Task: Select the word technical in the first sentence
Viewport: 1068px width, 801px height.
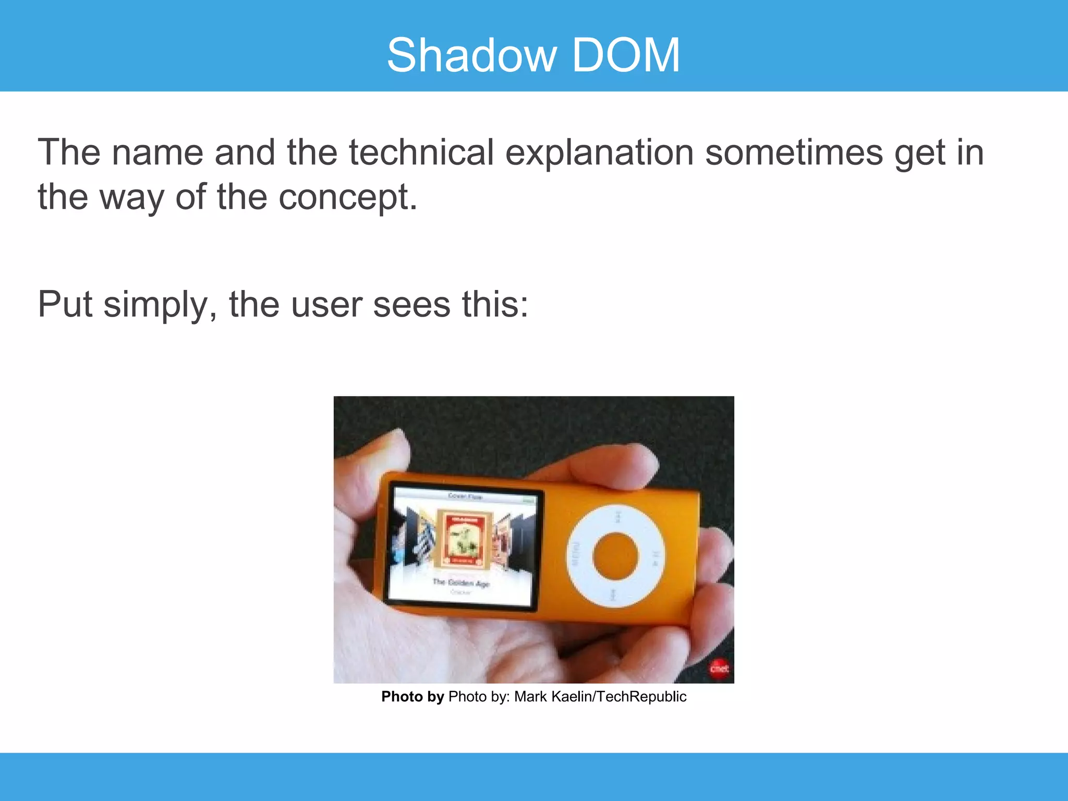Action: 421,152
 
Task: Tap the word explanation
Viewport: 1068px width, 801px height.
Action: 599,152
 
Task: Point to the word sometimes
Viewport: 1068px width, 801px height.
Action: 794,152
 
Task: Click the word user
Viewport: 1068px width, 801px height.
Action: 326,305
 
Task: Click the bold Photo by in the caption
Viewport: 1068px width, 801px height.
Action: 412,697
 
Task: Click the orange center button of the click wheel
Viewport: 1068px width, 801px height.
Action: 615,556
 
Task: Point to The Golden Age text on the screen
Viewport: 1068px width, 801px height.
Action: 461,582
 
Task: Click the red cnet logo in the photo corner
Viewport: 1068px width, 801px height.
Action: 719,669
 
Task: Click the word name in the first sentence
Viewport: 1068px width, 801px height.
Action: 157,152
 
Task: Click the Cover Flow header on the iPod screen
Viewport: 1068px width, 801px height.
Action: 466,496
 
